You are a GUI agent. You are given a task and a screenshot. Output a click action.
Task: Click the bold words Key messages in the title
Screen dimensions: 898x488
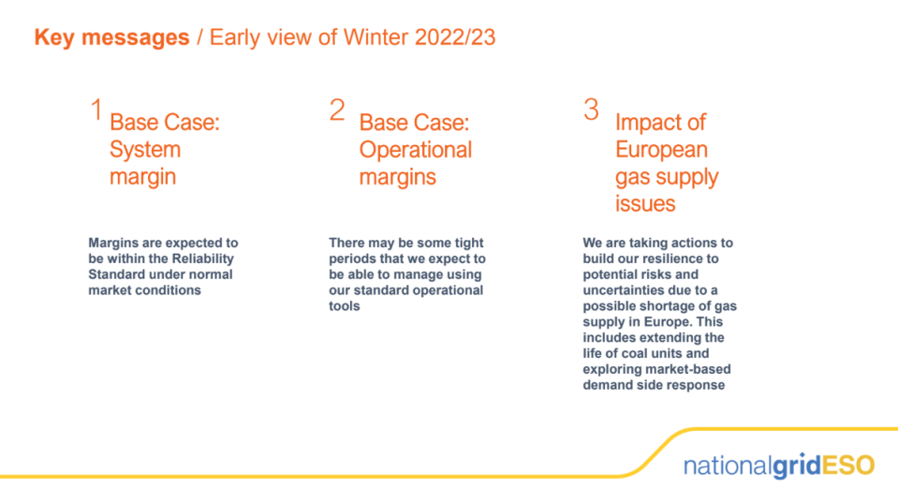(x=111, y=37)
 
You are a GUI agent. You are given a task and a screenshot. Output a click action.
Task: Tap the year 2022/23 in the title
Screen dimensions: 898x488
(x=455, y=37)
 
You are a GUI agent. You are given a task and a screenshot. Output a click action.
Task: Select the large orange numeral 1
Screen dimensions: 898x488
(x=96, y=110)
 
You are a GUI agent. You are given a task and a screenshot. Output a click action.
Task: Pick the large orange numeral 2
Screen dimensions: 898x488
(x=337, y=110)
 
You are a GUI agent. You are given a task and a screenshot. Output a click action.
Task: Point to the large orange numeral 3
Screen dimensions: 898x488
(x=591, y=110)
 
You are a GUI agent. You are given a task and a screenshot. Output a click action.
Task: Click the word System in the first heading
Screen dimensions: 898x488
(x=145, y=150)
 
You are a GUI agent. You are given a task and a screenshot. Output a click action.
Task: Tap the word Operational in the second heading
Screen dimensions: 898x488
(x=415, y=151)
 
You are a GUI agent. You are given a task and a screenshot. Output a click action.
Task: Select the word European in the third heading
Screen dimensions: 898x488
(x=661, y=150)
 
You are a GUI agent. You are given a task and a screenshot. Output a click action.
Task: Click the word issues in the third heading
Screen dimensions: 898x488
(x=645, y=204)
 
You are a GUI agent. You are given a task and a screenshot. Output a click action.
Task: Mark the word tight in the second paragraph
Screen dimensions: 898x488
(x=469, y=243)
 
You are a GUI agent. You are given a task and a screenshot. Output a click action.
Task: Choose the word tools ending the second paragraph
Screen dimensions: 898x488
(x=345, y=306)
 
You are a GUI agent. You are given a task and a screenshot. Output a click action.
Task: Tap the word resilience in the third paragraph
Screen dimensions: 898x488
(x=666, y=259)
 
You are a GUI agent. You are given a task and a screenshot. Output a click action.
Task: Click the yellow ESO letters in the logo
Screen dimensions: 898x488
(x=848, y=466)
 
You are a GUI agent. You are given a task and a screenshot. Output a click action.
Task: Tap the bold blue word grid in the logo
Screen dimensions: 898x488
(x=797, y=466)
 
